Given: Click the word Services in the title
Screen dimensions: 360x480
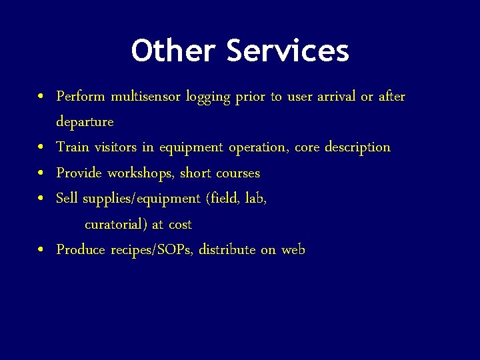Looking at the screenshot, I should [x=287, y=51].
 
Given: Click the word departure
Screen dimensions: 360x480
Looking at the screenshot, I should [x=85, y=122].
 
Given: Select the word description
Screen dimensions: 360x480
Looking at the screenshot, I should [x=357, y=147].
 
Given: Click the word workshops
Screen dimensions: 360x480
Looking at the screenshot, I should [x=140, y=173].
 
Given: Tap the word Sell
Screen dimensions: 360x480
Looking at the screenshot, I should [x=67, y=198].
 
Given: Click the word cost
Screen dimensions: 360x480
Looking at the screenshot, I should [x=180, y=224].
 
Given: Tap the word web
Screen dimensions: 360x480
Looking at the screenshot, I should [x=293, y=250].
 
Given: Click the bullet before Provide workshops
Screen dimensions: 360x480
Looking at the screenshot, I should [x=41, y=173].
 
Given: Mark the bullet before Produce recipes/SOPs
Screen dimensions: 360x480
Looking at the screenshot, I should [x=41, y=250].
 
